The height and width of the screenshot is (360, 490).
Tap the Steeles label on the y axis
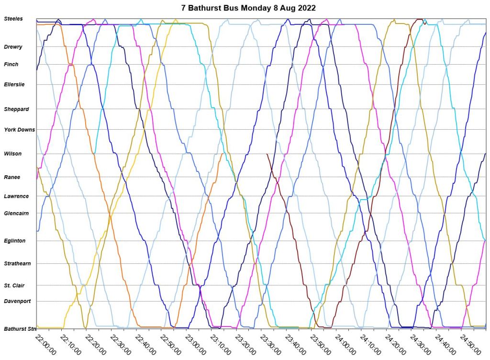pyautogui.click(x=13, y=19)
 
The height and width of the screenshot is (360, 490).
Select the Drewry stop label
pyautogui.click(x=13, y=47)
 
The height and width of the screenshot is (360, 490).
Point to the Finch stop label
pyautogui.click(x=11, y=64)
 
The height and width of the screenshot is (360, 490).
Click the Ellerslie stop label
pyautogui.click(x=14, y=84)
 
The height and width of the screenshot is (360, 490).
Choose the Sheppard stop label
pyautogui.click(x=17, y=109)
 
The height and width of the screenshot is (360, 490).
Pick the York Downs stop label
pyautogui.click(x=20, y=129)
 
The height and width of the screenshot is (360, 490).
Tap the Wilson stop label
pyautogui.click(x=13, y=154)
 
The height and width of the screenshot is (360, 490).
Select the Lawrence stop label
pyautogui.click(x=17, y=196)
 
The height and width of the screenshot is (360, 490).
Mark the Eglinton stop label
pyautogui.click(x=15, y=241)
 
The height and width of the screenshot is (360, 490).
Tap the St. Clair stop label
pyautogui.click(x=15, y=286)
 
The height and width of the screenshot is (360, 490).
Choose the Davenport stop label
pyautogui.click(x=18, y=301)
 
